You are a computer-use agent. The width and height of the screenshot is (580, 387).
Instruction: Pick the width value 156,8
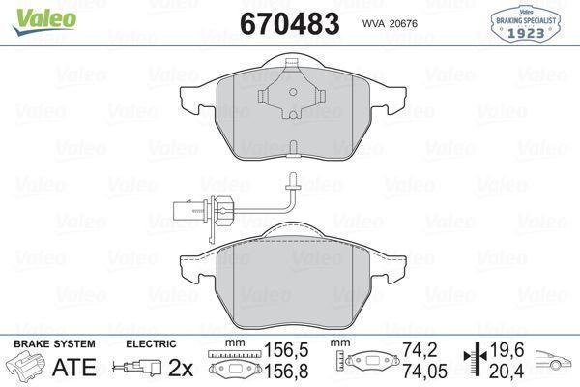pyautogui.click(x=279, y=370)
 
